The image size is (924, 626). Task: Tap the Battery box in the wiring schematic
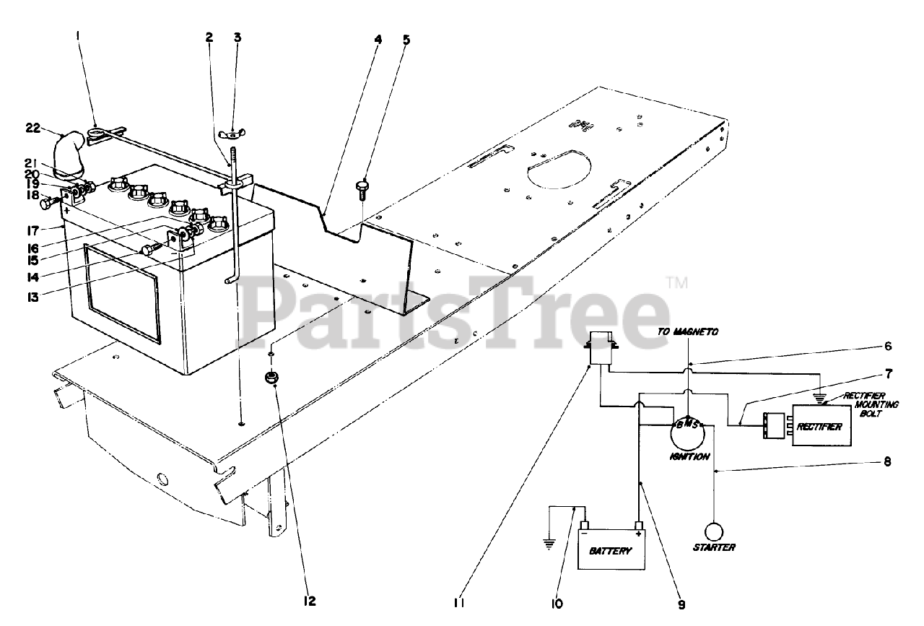[x=611, y=550]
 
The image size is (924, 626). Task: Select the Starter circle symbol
[x=714, y=532]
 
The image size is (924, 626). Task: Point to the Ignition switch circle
[x=686, y=433]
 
